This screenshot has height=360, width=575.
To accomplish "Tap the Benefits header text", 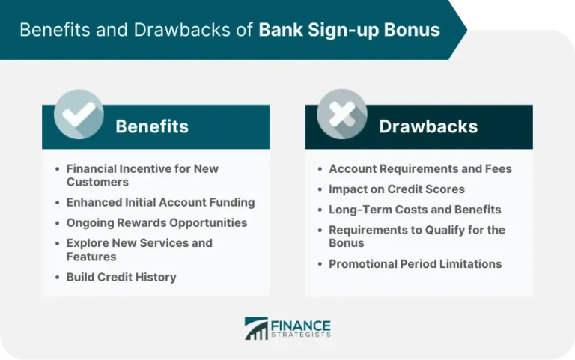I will (x=152, y=126).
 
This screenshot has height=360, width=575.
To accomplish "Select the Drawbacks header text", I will (x=428, y=126).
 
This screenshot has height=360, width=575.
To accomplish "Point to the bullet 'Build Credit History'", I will (x=121, y=277).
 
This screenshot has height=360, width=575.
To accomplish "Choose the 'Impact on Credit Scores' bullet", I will (x=396, y=189).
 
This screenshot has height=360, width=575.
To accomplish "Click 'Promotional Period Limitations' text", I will (x=415, y=263).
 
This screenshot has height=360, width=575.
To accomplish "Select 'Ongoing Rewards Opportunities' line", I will (x=156, y=222).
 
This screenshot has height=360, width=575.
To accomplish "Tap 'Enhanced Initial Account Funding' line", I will (x=160, y=202).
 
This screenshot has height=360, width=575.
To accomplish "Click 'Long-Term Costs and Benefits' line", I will (x=415, y=210).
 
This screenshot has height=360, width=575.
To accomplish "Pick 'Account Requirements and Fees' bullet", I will (x=420, y=169).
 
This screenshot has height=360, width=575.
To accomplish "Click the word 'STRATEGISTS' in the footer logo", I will (x=300, y=335).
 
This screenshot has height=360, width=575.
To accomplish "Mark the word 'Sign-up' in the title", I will (x=341, y=31).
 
